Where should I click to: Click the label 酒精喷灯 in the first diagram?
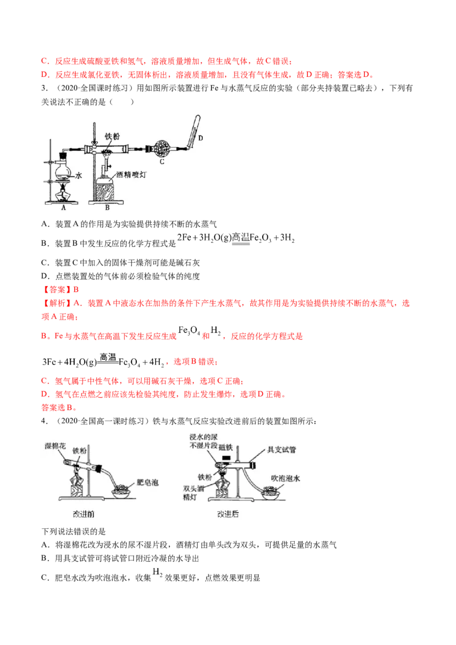click(131, 174)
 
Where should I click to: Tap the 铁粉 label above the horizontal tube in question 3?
click(112, 136)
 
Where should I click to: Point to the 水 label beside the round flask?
click(78, 175)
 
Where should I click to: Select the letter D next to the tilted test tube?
click(201, 138)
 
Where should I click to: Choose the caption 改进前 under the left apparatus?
click(84, 514)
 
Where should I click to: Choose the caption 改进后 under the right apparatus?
click(227, 514)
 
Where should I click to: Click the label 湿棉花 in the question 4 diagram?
click(55, 446)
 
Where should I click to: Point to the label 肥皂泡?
click(147, 482)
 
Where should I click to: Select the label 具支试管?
click(282, 449)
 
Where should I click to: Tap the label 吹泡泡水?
click(285, 478)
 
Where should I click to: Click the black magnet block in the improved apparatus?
click(227, 457)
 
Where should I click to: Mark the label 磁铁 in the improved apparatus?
click(226, 447)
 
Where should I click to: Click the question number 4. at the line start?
click(44, 421)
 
